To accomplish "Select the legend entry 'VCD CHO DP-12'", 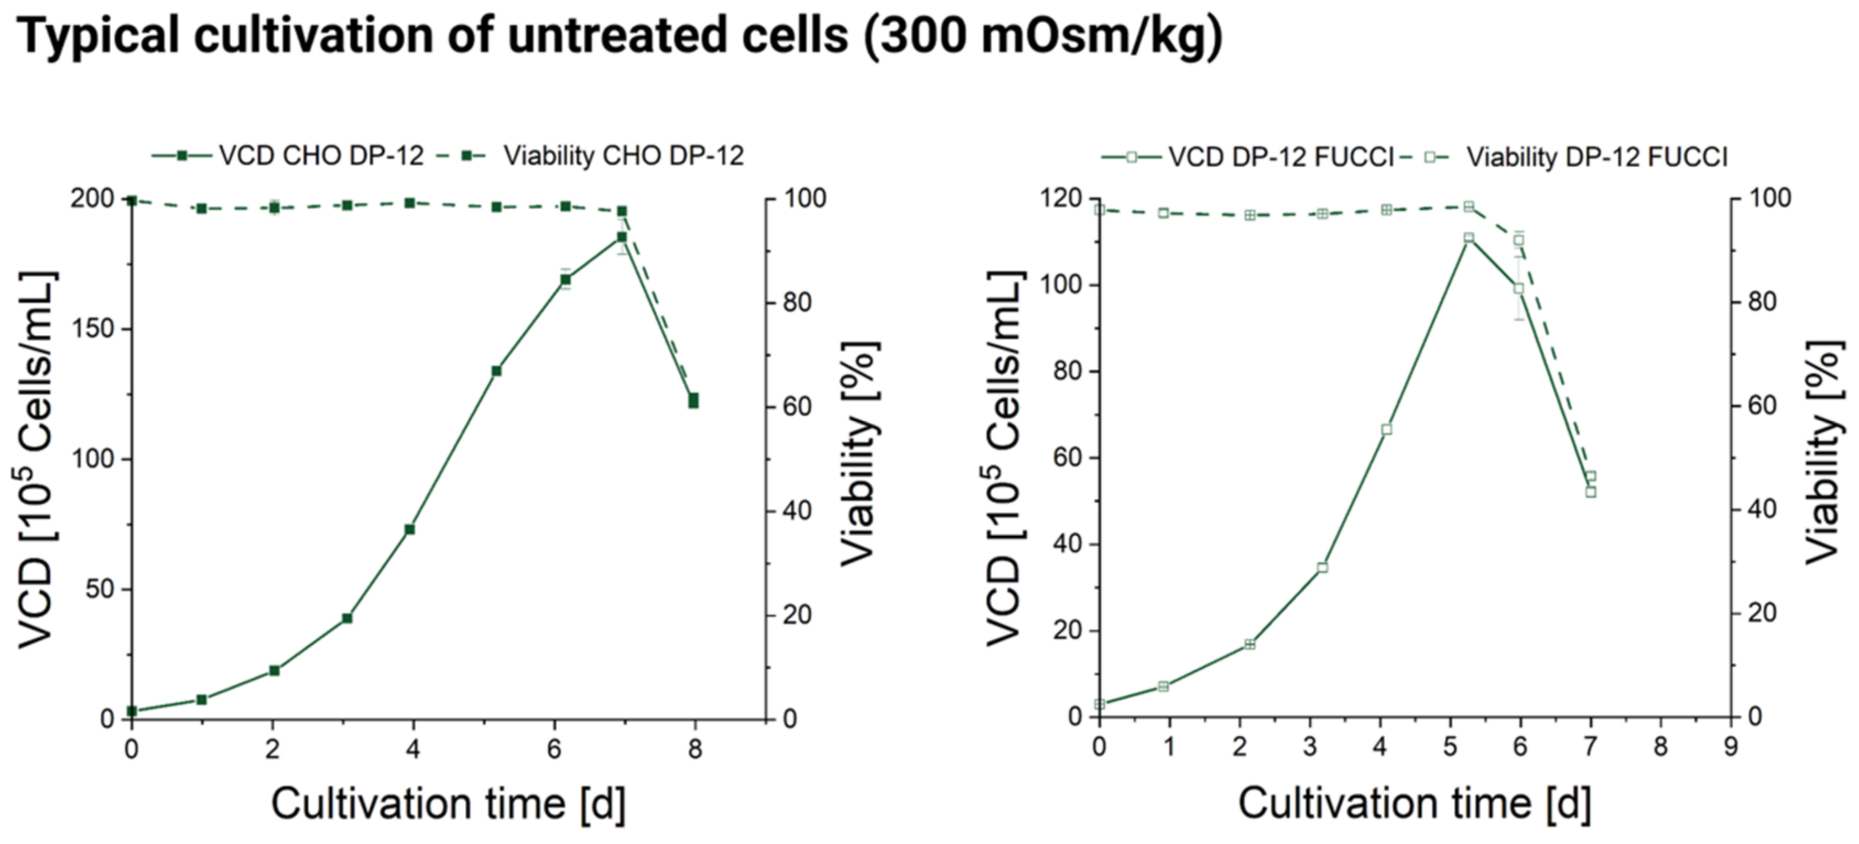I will (320, 156).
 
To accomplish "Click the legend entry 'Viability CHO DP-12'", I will (623, 156).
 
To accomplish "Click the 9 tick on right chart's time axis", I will (1731, 747).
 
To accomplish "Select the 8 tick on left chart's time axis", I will (695, 750).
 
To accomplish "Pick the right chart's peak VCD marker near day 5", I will (1469, 238).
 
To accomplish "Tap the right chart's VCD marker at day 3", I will (1322, 568).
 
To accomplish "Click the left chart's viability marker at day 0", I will (132, 200).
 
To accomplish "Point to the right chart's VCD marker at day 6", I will (1518, 288).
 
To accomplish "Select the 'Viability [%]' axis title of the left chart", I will (860, 453).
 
